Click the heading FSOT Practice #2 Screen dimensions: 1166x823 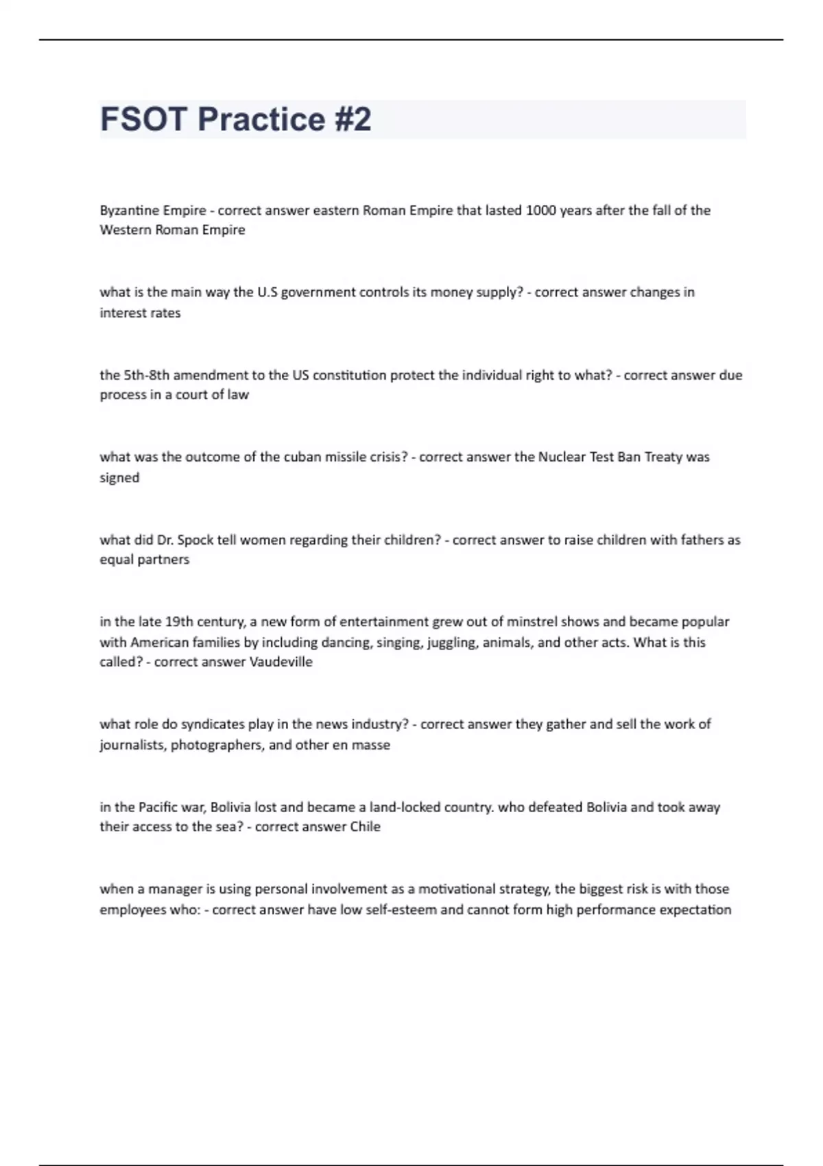[x=235, y=119]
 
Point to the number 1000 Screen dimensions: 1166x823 [x=540, y=211]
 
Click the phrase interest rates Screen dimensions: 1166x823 [x=140, y=313]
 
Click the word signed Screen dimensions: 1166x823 [x=119, y=478]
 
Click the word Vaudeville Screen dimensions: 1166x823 [x=281, y=663]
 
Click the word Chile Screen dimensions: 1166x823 [x=365, y=827]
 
